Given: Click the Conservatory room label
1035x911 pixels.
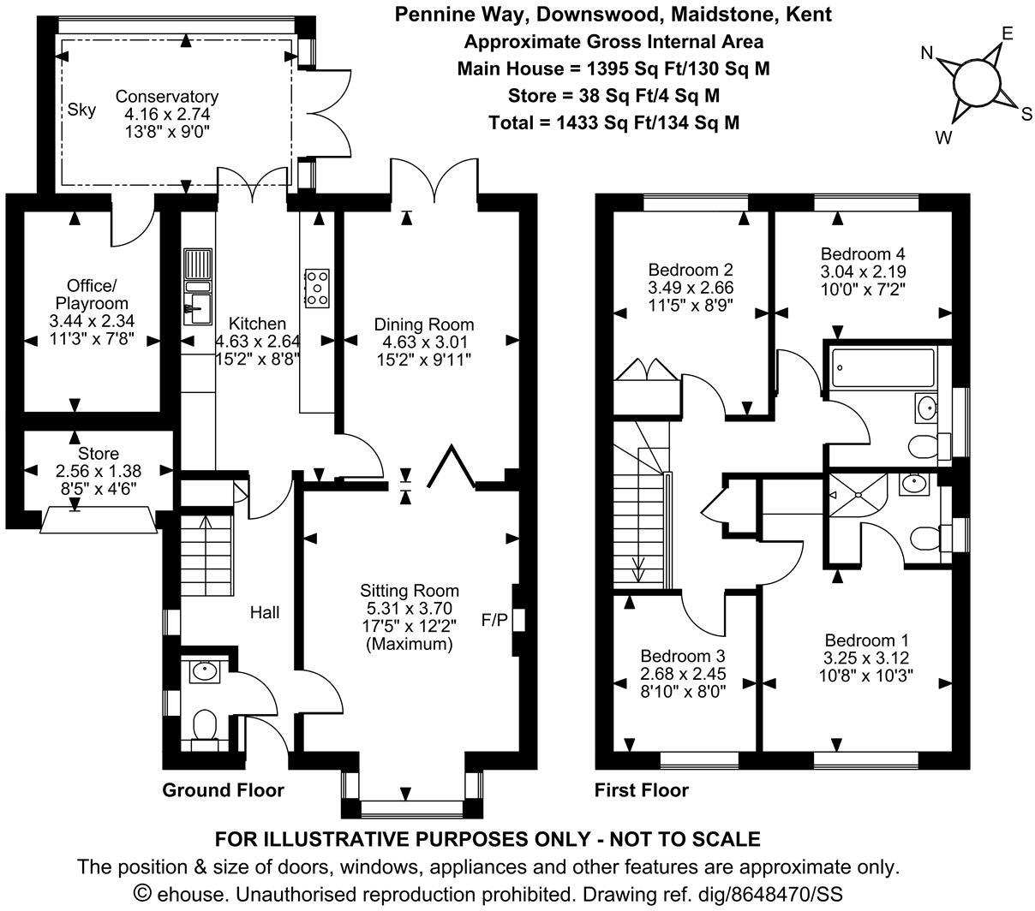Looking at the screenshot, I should tap(166, 97).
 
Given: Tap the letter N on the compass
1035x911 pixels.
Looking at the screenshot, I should tap(926, 53).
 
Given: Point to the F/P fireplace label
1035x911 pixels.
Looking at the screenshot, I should tap(494, 619).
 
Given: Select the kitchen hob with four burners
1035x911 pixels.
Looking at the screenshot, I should tap(317, 288).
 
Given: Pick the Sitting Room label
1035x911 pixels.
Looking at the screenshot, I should tap(409, 591).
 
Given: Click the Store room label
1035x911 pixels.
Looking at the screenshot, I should tap(99, 453).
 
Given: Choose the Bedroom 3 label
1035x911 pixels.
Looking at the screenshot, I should tap(681, 657).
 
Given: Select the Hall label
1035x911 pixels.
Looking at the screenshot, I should tap(265, 612).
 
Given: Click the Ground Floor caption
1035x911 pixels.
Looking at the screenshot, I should tap(223, 789).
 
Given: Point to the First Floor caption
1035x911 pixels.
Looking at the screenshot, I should tap(642, 789).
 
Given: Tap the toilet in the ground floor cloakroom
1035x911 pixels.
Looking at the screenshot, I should tap(205, 726).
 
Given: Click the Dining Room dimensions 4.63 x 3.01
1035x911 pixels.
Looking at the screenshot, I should tap(423, 341).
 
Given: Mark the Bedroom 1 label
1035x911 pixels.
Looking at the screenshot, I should tap(866, 640).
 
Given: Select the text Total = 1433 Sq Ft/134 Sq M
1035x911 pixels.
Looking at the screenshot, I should tap(613, 122).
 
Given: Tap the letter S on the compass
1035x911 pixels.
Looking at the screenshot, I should tap(1026, 115).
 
